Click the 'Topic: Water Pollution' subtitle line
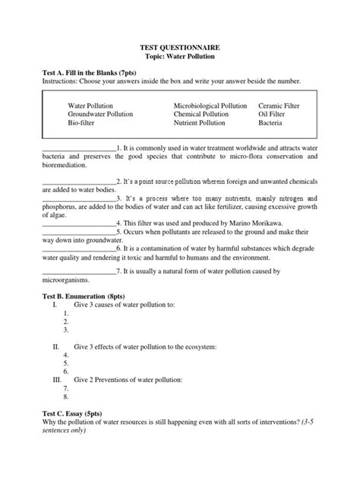pos(179,57)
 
